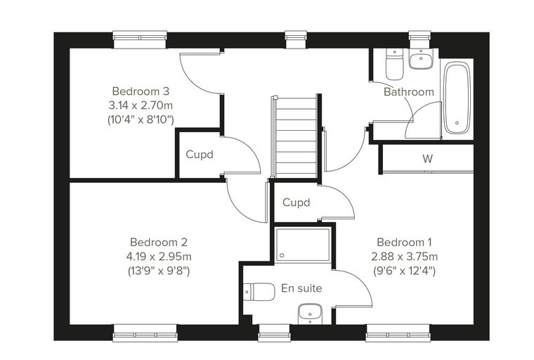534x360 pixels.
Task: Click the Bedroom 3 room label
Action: tap(141, 91)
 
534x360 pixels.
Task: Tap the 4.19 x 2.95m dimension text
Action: tap(159, 257)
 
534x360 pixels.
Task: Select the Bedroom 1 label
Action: tap(404, 243)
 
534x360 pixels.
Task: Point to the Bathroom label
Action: tap(409, 91)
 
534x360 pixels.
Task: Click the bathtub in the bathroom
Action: tap(457, 98)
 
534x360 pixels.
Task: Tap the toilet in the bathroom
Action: tap(394, 65)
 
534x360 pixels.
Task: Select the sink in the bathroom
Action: tap(421, 59)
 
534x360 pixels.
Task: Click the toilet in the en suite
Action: tap(260, 292)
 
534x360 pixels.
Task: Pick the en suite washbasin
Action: tap(310, 314)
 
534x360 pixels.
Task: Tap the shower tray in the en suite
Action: tap(303, 245)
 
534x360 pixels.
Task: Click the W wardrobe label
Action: tap(427, 158)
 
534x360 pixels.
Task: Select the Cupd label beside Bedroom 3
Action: tap(200, 155)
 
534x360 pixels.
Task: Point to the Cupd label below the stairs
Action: tap(297, 202)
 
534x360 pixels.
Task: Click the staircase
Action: tap(295, 137)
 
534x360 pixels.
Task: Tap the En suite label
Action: tap(301, 288)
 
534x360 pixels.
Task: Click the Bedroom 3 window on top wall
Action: tap(140, 40)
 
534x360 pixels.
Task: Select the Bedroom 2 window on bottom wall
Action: tap(145, 333)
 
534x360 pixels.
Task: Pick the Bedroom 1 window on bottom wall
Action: tap(398, 333)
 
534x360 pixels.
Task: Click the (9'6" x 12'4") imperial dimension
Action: tap(404, 271)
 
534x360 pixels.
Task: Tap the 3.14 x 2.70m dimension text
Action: tap(141, 105)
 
